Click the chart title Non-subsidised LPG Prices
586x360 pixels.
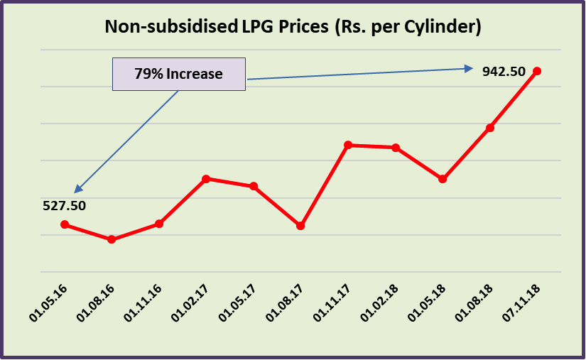pos(293,27)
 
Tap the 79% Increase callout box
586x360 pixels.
pos(179,74)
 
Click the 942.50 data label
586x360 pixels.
pos(504,71)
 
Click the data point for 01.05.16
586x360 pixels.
pos(65,224)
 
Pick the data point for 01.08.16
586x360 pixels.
pos(112,239)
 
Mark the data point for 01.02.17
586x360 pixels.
pos(206,179)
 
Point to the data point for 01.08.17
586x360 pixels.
pos(300,226)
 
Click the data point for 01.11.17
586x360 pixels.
pos(348,145)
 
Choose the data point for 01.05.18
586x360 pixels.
pos(443,179)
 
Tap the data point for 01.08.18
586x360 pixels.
pos(490,128)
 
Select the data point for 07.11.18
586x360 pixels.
pos(537,71)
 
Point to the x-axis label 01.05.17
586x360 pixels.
pos(239,303)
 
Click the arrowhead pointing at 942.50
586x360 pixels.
pos(469,68)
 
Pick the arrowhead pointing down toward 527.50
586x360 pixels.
pos(78,189)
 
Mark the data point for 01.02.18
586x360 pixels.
pos(396,148)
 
